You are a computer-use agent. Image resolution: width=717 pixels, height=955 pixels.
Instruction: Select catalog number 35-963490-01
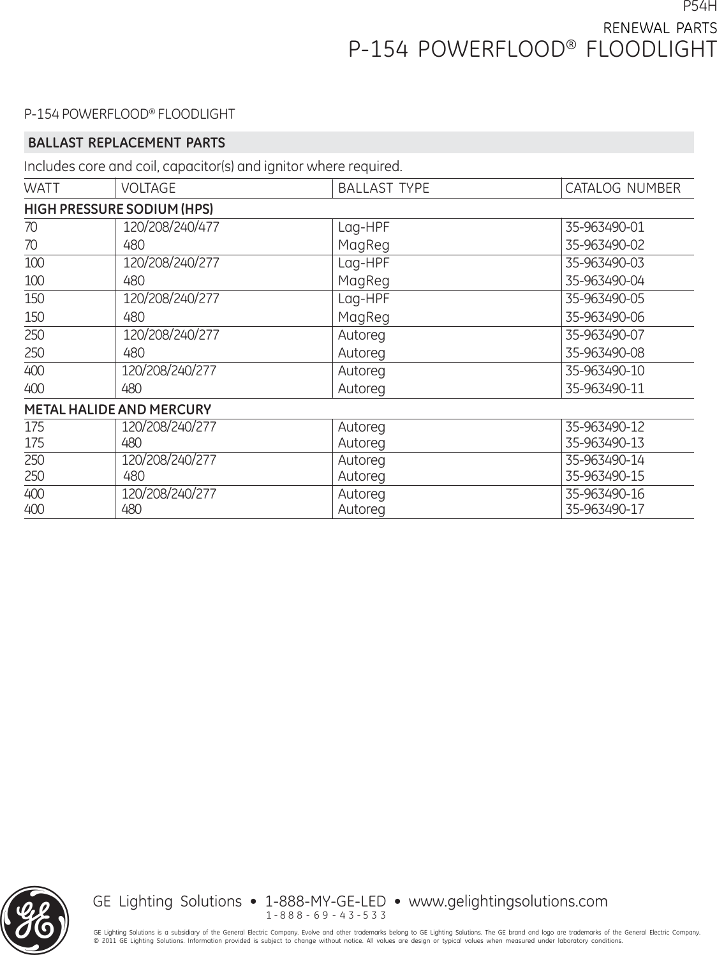pos(605,227)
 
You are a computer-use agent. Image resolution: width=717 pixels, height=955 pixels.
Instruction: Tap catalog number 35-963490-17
pos(605,509)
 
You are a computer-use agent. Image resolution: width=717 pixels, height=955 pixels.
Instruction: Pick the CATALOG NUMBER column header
pos(623,188)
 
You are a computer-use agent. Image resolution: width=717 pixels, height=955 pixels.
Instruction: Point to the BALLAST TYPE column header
pos(383,188)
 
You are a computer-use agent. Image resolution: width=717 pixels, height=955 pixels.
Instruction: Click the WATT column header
pos(41,188)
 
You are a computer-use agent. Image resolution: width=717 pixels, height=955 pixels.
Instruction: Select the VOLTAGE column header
pos(148,188)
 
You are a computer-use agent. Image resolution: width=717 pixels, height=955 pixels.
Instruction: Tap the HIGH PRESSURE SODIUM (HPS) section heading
pos(119,209)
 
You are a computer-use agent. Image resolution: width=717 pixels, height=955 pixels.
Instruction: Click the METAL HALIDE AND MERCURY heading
pos(117,409)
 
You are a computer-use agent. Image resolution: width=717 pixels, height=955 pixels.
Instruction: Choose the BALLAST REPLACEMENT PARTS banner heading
pos(126,142)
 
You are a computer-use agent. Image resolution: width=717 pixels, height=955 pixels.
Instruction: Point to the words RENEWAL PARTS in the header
pos(660,28)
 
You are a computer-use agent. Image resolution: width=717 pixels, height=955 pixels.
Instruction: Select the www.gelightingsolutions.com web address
pos(508,901)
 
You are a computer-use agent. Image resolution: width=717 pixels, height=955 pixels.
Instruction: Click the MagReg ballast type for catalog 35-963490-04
pos(364,281)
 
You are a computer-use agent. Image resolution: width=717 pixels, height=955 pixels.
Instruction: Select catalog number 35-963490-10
pos(605,371)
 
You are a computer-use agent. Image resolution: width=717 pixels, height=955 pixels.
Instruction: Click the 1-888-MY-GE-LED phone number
pos(325,901)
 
